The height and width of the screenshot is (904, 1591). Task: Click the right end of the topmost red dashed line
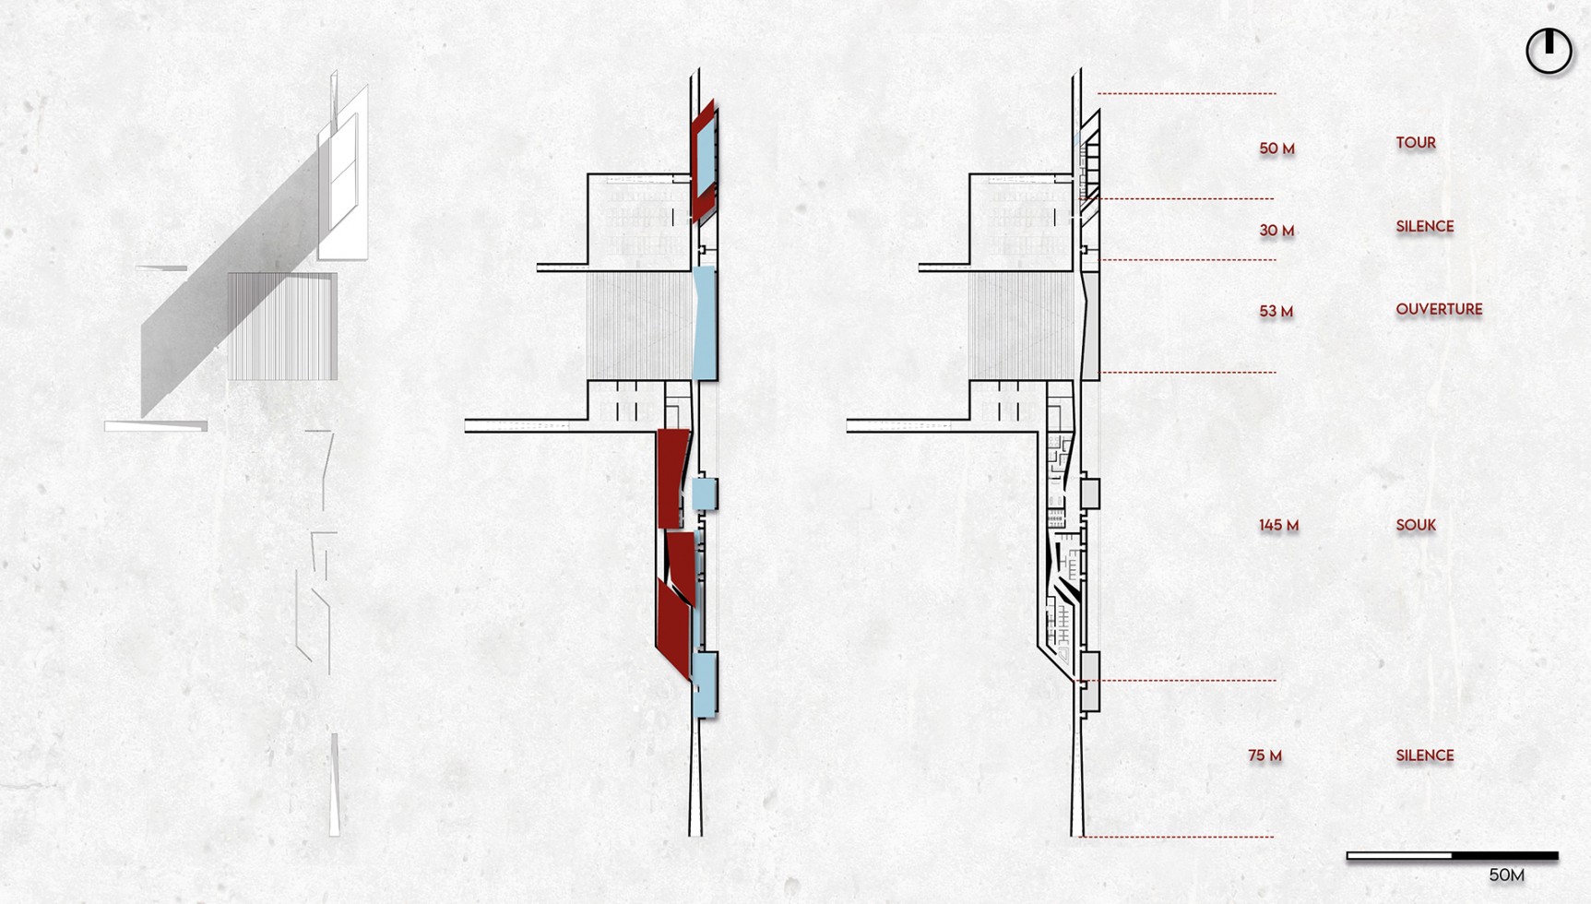click(x=1276, y=93)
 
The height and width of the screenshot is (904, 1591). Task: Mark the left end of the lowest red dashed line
click(x=1080, y=837)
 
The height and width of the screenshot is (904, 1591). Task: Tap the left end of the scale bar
click(x=1348, y=856)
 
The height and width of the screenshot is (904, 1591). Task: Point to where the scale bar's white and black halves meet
click(x=1453, y=856)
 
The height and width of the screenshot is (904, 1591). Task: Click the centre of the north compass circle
click(x=1549, y=50)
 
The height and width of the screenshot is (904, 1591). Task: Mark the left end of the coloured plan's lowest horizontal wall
click(x=466, y=425)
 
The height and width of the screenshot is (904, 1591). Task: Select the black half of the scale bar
click(x=1505, y=856)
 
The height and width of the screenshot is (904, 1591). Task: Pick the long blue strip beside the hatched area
click(x=704, y=323)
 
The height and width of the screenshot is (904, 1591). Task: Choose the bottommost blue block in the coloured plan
click(x=705, y=684)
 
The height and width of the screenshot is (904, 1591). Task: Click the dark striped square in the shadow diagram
click(x=282, y=326)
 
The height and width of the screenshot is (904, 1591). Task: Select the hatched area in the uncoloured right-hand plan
click(x=1024, y=326)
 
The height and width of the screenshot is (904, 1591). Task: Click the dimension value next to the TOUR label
click(x=1276, y=149)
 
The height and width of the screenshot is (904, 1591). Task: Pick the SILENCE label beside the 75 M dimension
click(x=1424, y=755)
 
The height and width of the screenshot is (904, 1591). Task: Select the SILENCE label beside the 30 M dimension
click(x=1424, y=226)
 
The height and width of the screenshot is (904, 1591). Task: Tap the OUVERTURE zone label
click(x=1439, y=309)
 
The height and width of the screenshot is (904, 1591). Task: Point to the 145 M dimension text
click(x=1278, y=525)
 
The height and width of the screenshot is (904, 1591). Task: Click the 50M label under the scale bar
click(x=1506, y=874)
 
